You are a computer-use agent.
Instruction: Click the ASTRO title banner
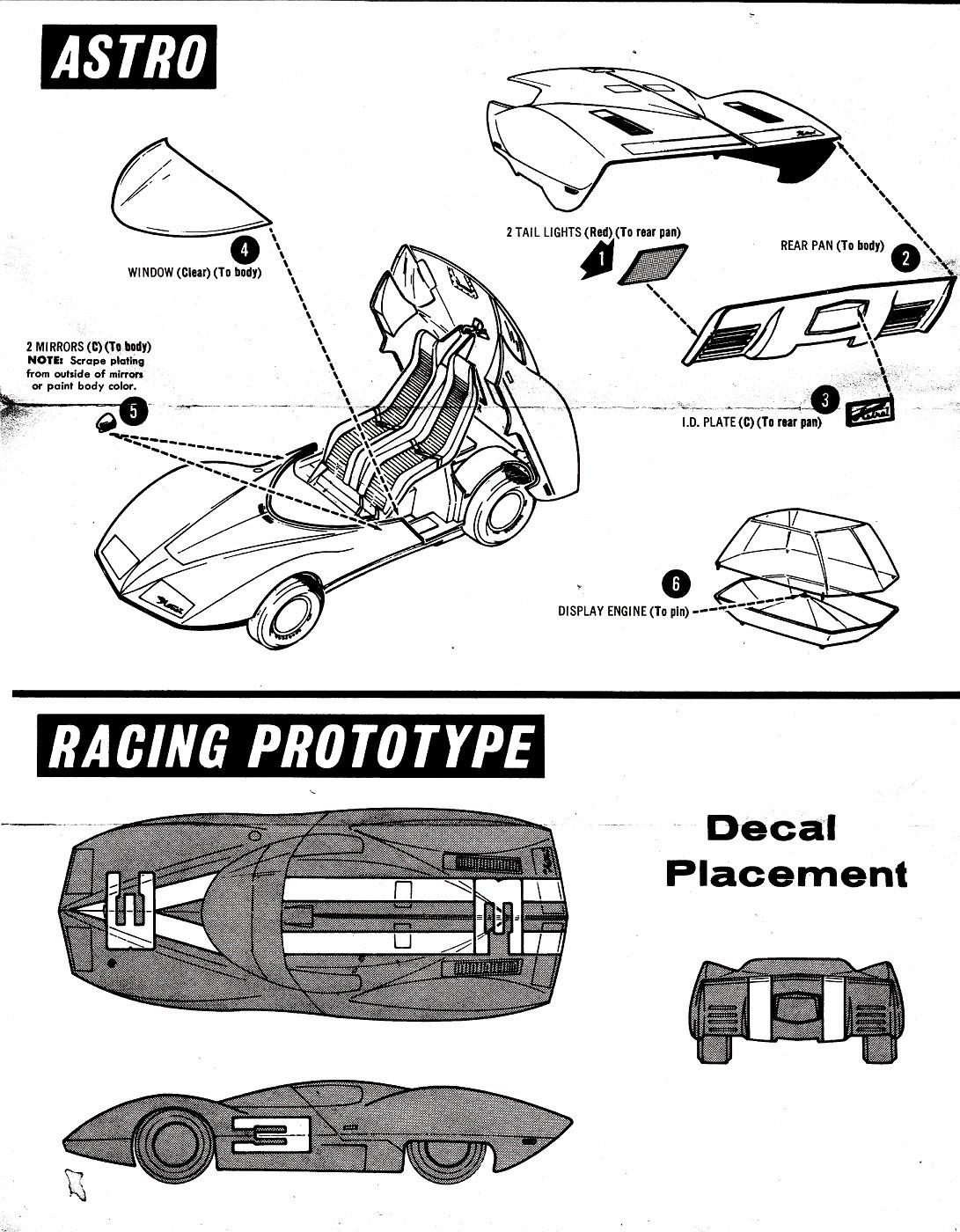tap(128, 56)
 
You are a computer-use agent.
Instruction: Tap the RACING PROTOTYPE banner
tap(290, 745)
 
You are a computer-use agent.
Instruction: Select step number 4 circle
tap(245, 249)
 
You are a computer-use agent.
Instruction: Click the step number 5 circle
tap(133, 411)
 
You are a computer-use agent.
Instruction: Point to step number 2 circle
tap(905, 259)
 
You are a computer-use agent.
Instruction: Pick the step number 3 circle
tap(824, 400)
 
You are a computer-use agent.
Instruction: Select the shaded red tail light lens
tap(654, 264)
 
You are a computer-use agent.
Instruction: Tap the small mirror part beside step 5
tap(105, 422)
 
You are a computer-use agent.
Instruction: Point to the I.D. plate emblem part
tap(868, 412)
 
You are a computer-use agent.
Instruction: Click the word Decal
tap(771, 828)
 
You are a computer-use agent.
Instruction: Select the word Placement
tap(786, 873)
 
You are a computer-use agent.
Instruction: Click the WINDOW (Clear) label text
tap(194, 273)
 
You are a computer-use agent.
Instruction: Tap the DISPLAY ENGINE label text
tap(623, 612)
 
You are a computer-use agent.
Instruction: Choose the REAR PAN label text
tap(832, 246)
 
